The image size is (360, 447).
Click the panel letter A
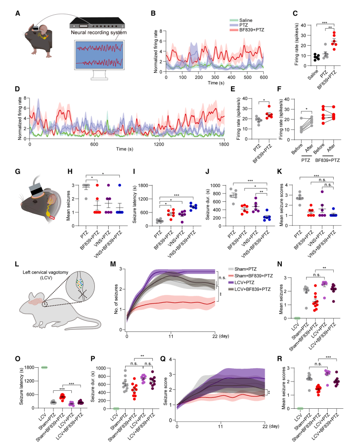point(18,12)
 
